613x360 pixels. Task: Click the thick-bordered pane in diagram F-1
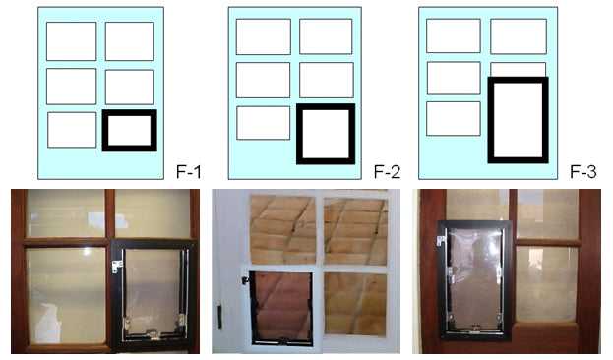(129, 130)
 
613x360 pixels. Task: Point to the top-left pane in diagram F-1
(71, 41)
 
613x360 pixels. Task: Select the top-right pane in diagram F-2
(326, 35)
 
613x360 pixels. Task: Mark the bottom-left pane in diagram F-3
(453, 118)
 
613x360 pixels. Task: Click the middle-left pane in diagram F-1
(71, 87)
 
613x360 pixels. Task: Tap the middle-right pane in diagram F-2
(326, 80)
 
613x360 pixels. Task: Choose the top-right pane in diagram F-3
(518, 35)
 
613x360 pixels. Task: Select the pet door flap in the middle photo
(282, 304)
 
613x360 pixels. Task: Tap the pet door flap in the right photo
(475, 279)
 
